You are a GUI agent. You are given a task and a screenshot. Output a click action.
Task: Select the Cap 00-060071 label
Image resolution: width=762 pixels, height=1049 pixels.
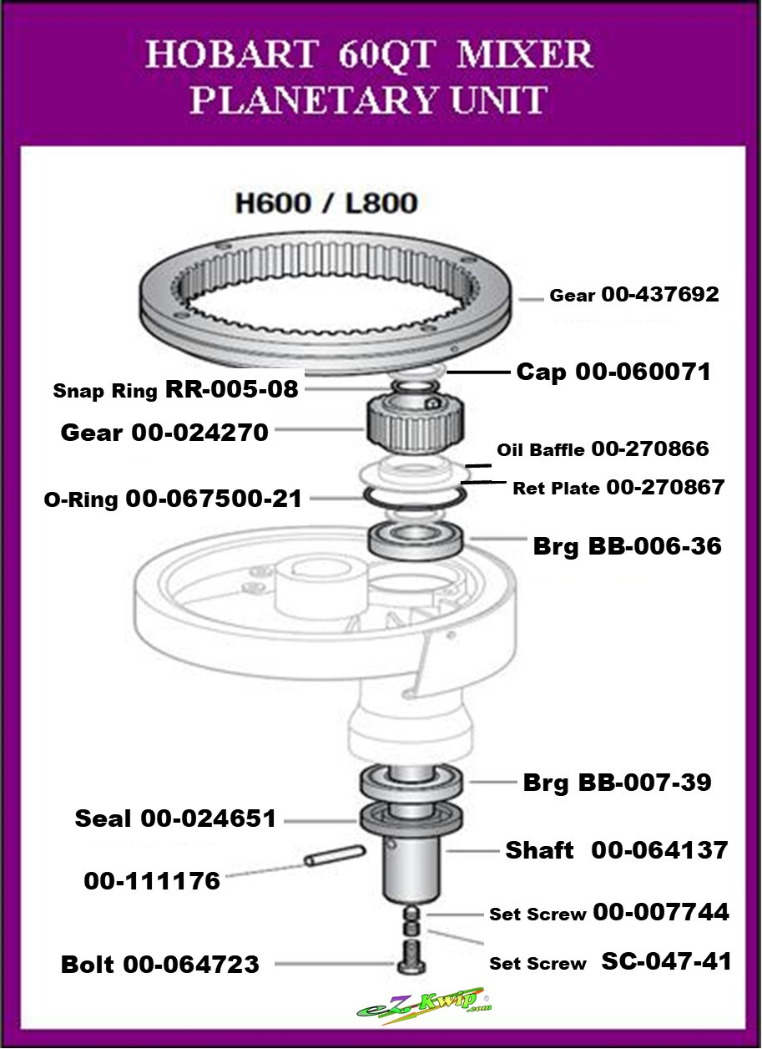click(x=613, y=372)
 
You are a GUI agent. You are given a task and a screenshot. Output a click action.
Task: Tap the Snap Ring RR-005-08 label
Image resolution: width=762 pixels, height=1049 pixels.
click(x=176, y=390)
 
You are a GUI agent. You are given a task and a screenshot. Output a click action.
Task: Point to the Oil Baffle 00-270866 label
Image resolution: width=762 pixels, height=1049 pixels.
click(x=603, y=449)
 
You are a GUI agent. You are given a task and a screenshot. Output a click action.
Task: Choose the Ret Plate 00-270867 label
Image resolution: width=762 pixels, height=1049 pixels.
click(x=618, y=487)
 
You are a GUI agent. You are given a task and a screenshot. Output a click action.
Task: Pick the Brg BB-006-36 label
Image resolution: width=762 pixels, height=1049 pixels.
click(x=627, y=546)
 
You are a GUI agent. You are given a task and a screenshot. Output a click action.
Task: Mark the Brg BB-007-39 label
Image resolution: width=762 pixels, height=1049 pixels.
click(x=617, y=783)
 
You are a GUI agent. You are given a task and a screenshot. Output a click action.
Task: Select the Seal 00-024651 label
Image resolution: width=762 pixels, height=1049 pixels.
click(x=175, y=818)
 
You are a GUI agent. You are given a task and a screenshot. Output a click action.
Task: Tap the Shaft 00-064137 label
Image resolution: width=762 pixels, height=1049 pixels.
click(x=617, y=850)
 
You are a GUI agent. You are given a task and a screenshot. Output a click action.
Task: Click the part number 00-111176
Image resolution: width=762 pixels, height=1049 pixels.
click(x=152, y=880)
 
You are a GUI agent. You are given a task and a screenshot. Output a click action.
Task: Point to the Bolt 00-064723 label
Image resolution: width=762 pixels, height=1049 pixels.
click(x=160, y=965)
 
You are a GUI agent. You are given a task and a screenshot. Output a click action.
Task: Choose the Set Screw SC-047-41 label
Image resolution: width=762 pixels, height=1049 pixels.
click(x=610, y=962)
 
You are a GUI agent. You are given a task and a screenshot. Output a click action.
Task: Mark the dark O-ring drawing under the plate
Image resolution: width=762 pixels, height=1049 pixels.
click(x=414, y=497)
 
